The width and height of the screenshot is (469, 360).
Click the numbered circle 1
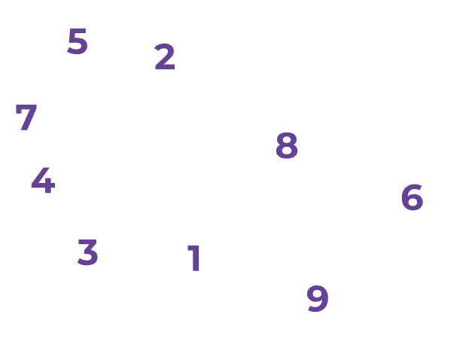pyautogui.click(x=195, y=258)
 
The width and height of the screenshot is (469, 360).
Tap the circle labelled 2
pyautogui.click(x=164, y=57)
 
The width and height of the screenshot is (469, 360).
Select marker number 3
pyautogui.click(x=88, y=252)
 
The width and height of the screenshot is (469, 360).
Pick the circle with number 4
pyautogui.click(x=43, y=182)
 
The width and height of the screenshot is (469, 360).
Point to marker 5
pyautogui.click(x=78, y=41)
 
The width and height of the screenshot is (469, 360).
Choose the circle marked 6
pyautogui.click(x=412, y=197)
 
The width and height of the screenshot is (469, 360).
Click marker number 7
pyautogui.click(x=26, y=117)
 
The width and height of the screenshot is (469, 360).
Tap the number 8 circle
pyautogui.click(x=287, y=145)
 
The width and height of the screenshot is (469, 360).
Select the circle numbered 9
pyautogui.click(x=318, y=297)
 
